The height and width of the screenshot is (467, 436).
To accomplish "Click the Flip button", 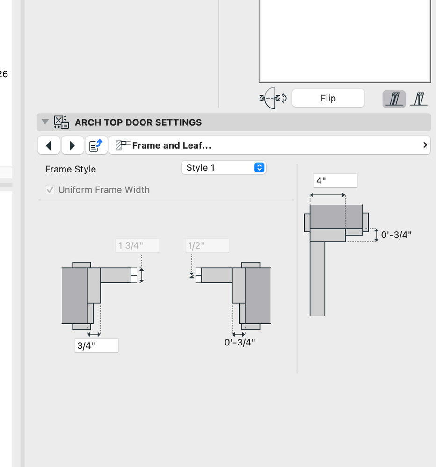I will tap(328, 98).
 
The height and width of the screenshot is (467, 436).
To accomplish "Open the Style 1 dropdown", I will tap(223, 167).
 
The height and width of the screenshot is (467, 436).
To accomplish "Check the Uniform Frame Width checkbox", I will tap(50, 190).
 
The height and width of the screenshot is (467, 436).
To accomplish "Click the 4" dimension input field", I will tap(335, 180).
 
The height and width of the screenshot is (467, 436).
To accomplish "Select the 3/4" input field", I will tap(96, 346).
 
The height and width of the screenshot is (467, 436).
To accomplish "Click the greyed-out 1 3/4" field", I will tap(137, 245).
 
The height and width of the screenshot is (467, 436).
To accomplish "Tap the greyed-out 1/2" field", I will tap(207, 245).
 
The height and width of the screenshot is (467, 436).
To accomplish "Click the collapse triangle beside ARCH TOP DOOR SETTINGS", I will tap(45, 122).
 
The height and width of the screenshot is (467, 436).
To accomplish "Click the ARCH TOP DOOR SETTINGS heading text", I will tap(138, 122).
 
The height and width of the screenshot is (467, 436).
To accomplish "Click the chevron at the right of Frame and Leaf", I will tap(425, 145).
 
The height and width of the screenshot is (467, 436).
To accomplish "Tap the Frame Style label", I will tap(70, 169).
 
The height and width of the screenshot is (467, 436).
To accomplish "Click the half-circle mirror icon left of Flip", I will tap(273, 98).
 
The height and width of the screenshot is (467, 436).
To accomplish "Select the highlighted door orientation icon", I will tap(394, 99).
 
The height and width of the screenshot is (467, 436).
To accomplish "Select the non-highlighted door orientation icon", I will tap(419, 99).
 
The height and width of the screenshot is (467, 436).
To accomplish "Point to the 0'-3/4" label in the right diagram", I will tap(396, 235).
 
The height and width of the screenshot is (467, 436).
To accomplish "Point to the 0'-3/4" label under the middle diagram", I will tap(240, 342).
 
